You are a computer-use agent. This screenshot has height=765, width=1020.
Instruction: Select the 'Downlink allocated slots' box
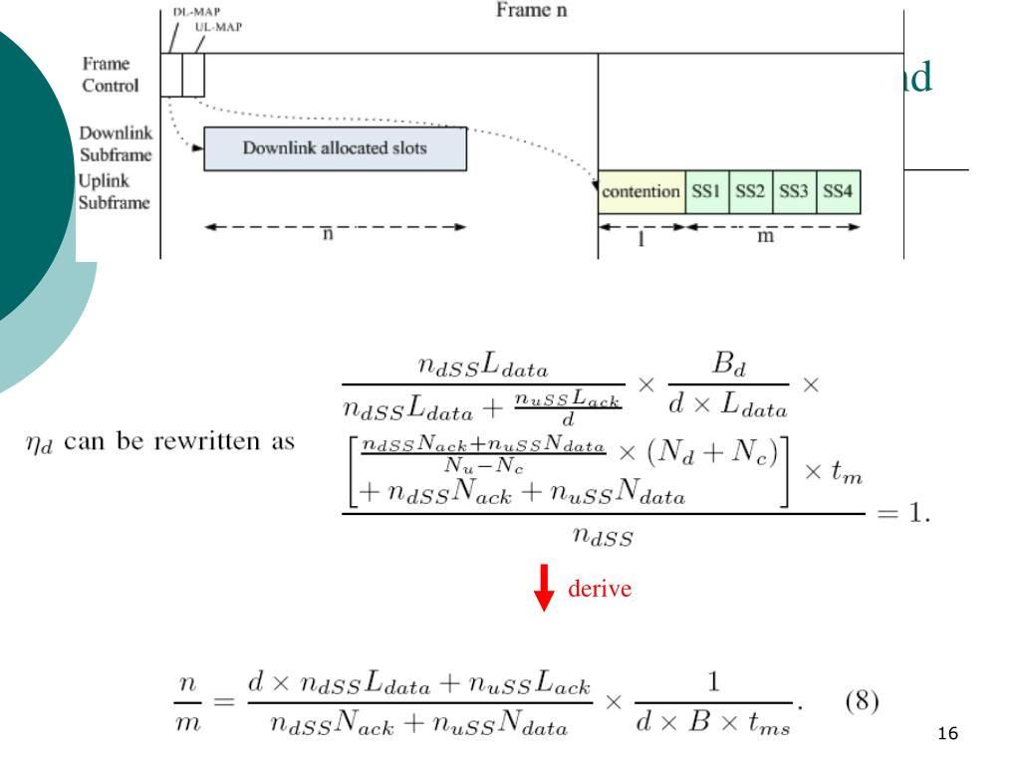pos(335,149)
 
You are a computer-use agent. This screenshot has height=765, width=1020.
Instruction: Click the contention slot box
pos(641,191)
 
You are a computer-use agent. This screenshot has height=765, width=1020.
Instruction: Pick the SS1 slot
pos(706,191)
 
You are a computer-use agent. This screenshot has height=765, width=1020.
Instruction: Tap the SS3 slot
pos(794,191)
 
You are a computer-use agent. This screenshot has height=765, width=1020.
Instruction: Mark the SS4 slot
pos(838,191)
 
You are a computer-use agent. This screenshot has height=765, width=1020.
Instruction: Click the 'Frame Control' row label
pos(110,75)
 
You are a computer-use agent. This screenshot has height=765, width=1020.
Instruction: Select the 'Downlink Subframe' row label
pos(116,143)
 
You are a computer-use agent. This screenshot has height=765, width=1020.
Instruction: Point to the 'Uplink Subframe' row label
pos(114,192)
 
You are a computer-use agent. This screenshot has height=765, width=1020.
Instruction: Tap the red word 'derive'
pos(600,589)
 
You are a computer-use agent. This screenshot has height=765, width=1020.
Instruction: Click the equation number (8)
pos(862,701)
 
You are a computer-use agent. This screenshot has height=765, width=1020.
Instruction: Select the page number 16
pos(947,734)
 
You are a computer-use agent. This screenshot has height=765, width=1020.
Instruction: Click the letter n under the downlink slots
pos(330,234)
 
